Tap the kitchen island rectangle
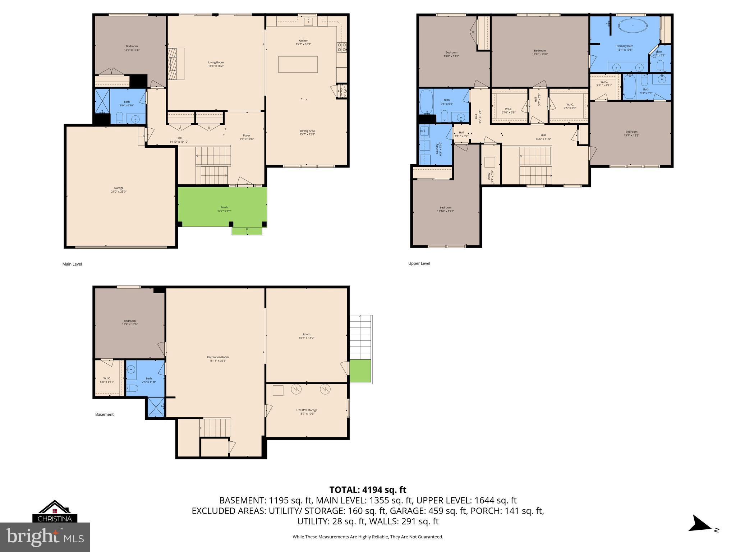coord(298,64)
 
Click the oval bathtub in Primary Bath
coord(633,26)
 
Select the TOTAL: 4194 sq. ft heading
coord(368,490)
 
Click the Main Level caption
coord(72,264)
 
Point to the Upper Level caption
coord(419,263)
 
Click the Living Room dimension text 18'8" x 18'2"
coord(216,66)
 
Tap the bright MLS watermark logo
coord(45,537)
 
